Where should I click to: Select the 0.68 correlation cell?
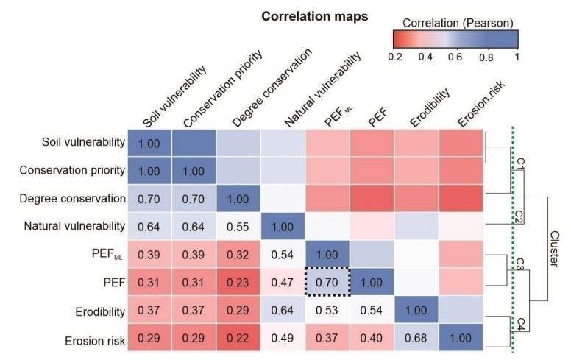click(416, 341)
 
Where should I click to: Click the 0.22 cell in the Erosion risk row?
click(238, 341)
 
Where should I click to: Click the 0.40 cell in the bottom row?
click(372, 341)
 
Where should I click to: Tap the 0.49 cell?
click(283, 341)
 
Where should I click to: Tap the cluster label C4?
click(519, 322)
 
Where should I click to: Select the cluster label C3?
click(519, 262)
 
